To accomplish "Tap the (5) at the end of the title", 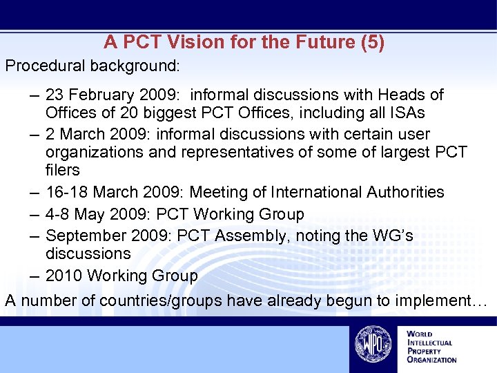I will click(373, 42).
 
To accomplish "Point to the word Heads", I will click(401, 95).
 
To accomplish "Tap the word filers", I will click(63, 170).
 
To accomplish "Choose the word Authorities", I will click(402, 192).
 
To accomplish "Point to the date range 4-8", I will click(59, 214).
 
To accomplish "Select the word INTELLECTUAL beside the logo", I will click(429, 343).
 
